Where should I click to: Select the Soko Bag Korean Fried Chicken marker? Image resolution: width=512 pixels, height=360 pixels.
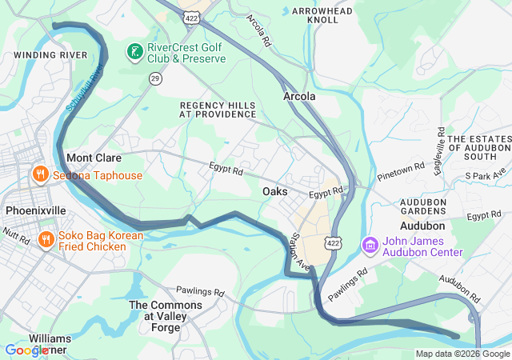point(46,239)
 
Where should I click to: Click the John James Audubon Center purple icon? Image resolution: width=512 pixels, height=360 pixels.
point(370,244)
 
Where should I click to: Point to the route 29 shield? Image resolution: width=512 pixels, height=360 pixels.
point(155,78)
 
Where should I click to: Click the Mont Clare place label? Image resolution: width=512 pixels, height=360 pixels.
point(93,158)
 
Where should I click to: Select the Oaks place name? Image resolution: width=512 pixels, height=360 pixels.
point(275,192)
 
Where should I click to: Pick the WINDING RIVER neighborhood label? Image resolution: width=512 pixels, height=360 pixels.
point(50,55)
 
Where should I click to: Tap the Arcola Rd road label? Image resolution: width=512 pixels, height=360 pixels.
point(259,30)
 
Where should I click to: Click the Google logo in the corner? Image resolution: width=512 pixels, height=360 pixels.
point(26,350)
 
